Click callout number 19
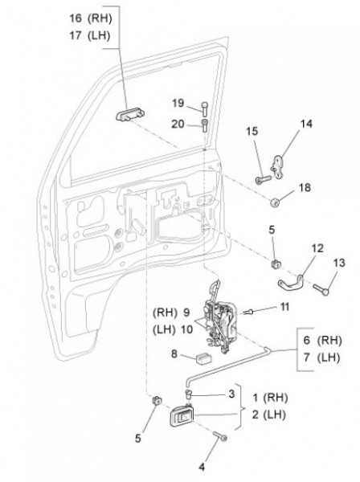point(178,103)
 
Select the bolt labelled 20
point(204,125)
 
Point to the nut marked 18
point(275,202)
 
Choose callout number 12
point(317,247)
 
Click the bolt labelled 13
point(321,289)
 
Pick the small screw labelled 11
point(249,312)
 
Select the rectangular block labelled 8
point(203,358)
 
